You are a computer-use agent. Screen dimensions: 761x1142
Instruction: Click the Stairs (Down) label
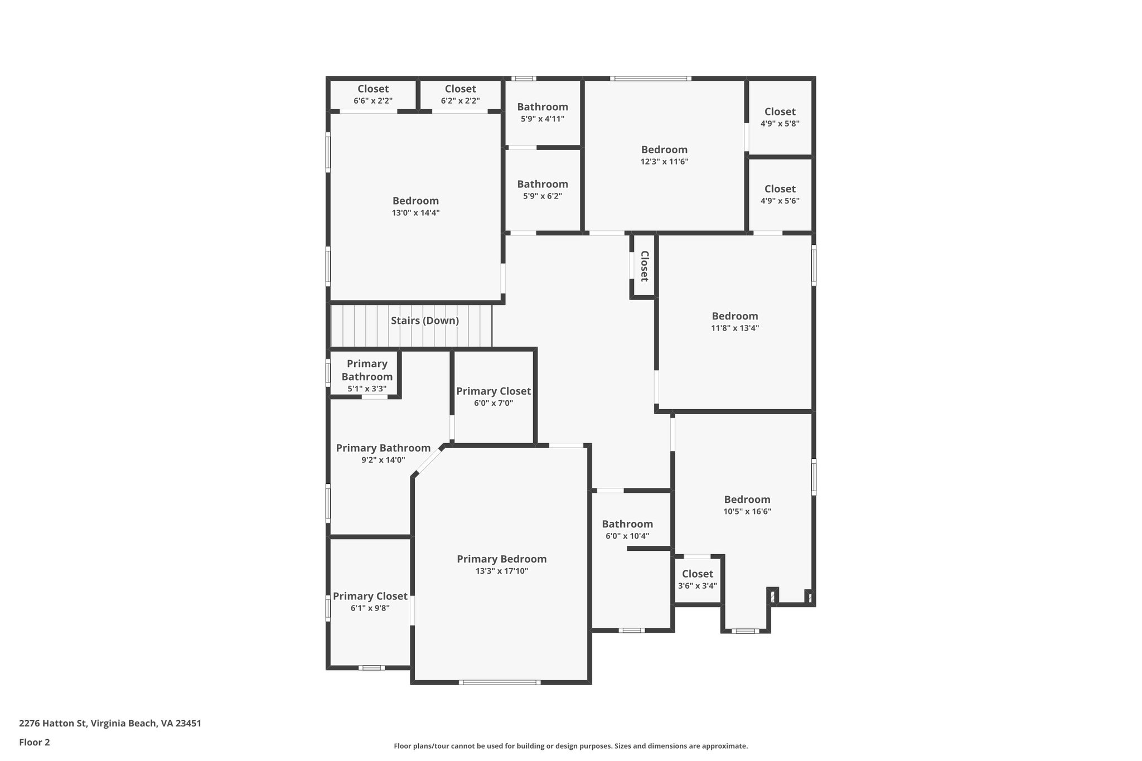click(x=424, y=321)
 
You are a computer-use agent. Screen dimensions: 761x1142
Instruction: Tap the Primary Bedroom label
click(x=501, y=559)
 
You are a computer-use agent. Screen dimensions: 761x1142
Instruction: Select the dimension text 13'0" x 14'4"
click(x=415, y=213)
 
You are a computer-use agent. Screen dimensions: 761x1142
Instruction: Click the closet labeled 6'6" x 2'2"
click(x=373, y=94)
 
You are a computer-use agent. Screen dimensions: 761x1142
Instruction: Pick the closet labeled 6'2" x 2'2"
click(x=460, y=94)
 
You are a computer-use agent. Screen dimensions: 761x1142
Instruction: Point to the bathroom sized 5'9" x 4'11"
click(x=542, y=112)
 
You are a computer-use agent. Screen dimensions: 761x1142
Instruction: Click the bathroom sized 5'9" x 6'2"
click(x=542, y=190)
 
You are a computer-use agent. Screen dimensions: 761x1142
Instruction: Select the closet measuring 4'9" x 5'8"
click(x=780, y=117)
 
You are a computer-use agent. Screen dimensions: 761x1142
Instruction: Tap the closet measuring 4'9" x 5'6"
click(x=780, y=194)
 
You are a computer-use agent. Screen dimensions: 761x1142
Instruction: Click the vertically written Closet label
click(x=644, y=266)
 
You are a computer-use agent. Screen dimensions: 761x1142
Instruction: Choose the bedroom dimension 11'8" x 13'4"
click(x=734, y=328)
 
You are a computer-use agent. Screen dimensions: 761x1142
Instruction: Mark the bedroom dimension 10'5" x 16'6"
click(x=747, y=512)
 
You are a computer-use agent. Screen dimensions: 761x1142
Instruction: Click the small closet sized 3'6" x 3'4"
click(x=697, y=579)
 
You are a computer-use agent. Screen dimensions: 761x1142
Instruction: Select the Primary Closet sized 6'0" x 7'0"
click(x=493, y=396)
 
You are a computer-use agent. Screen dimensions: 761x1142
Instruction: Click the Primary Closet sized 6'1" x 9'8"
click(x=370, y=602)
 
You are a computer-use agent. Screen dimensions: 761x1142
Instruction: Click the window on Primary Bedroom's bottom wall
click(x=500, y=682)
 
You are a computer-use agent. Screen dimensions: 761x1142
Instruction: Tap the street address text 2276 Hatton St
click(x=110, y=723)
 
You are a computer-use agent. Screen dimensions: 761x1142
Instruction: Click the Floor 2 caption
click(x=35, y=742)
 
